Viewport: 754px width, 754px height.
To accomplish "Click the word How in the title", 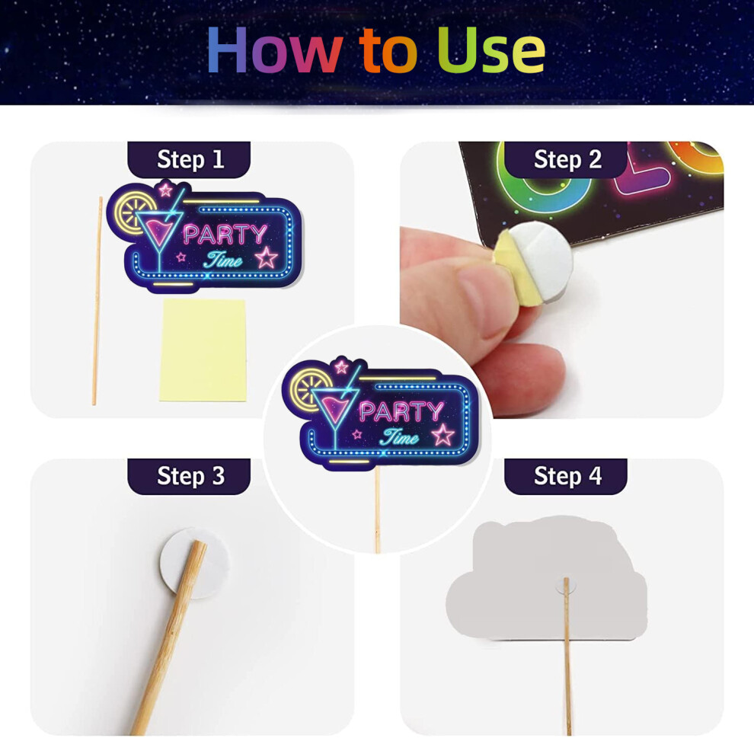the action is [x=275, y=50].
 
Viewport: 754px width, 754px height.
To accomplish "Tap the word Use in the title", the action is [x=491, y=50].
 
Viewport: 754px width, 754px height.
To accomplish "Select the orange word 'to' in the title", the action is [x=388, y=52].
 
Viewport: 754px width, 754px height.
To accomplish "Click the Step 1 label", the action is [x=190, y=159].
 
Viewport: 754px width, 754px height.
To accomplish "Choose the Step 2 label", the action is [x=567, y=159].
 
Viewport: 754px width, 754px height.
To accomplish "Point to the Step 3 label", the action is [x=190, y=475].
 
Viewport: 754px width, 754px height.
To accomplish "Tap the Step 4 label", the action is [x=567, y=475].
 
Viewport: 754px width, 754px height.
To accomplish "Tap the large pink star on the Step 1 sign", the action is [x=266, y=257].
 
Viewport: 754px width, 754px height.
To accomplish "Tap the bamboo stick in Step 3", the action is [x=169, y=637].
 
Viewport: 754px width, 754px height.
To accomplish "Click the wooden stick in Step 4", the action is [x=567, y=657].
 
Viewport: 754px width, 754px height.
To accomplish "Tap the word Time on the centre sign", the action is [x=400, y=437].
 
